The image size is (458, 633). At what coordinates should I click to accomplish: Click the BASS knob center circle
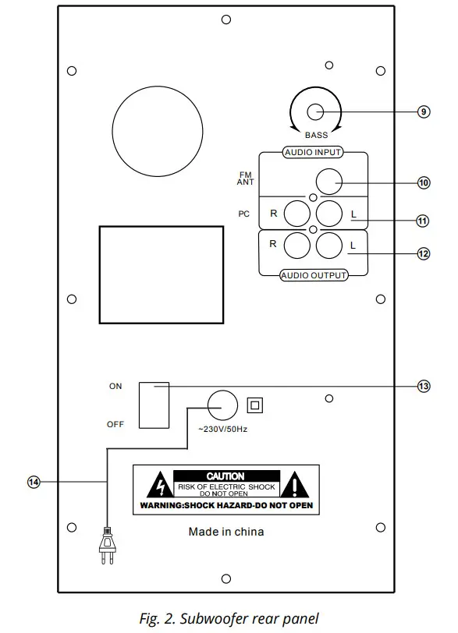click(315, 111)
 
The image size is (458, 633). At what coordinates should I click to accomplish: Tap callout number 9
click(423, 111)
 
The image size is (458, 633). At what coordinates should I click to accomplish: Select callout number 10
click(423, 182)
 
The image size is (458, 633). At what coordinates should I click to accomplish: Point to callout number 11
click(423, 221)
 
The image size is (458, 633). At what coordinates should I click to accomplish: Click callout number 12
click(423, 253)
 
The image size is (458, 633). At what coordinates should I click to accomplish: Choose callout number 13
click(423, 386)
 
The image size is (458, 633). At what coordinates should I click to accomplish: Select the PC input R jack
click(297, 212)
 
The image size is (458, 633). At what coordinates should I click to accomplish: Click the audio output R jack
click(297, 246)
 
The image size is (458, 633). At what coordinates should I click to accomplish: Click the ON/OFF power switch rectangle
click(154, 405)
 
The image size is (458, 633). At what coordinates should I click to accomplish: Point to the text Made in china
click(226, 532)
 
